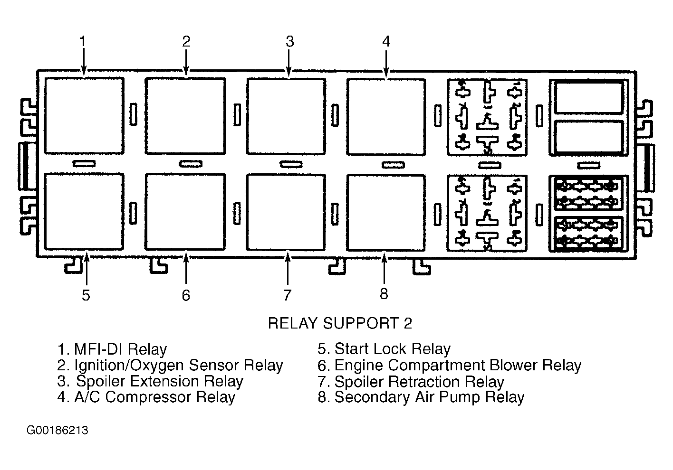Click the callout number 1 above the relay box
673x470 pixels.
[x=83, y=41]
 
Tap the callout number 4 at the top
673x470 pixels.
[x=386, y=41]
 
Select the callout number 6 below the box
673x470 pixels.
[x=186, y=295]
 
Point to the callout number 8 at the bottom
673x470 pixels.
[x=384, y=294]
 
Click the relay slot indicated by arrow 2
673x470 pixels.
[x=185, y=116]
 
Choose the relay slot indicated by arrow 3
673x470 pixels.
[x=286, y=116]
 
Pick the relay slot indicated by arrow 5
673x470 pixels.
[x=84, y=212]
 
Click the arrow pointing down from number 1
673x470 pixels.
[x=84, y=62]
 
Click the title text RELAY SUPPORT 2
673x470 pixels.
[x=340, y=323]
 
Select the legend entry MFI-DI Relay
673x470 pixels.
[x=112, y=349]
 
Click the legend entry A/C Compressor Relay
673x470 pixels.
[x=146, y=397]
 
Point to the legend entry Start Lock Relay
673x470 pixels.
[x=385, y=349]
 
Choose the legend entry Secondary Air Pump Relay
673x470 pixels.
[x=421, y=397]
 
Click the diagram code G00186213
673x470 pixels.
[x=58, y=431]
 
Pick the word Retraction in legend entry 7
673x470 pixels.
[x=424, y=382]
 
